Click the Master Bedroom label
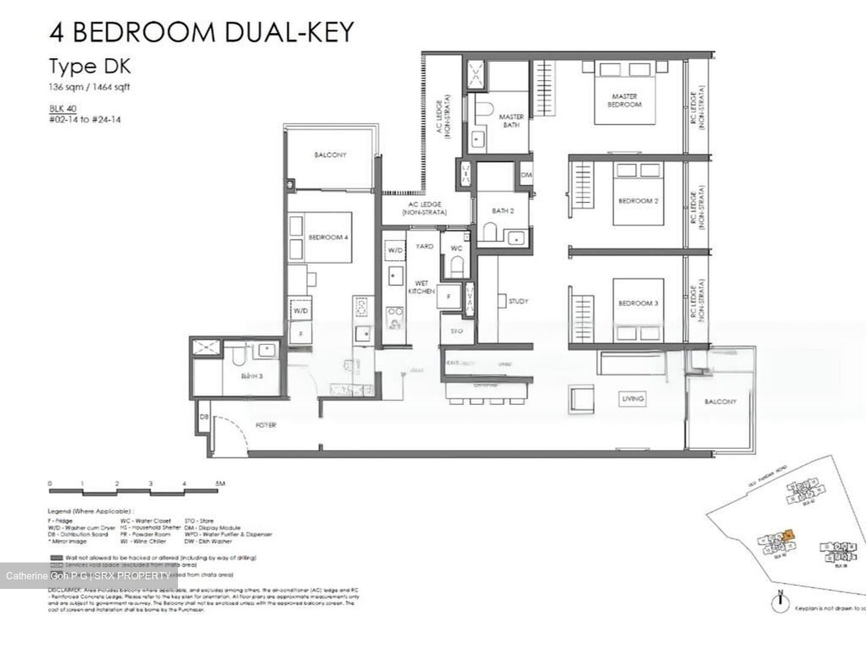pyautogui.click(x=624, y=100)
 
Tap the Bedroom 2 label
pyautogui.click(x=639, y=201)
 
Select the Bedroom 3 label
pyautogui.click(x=639, y=303)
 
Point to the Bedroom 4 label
pyautogui.click(x=328, y=237)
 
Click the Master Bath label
pyautogui.click(x=511, y=121)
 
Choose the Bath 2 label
pyautogui.click(x=503, y=211)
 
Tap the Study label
pyautogui.click(x=518, y=302)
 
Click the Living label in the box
pyautogui.click(x=633, y=398)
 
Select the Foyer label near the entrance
pyautogui.click(x=266, y=425)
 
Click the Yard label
pyautogui.click(x=425, y=246)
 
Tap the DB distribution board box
pyautogui.click(x=204, y=417)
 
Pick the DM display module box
pyautogui.click(x=526, y=175)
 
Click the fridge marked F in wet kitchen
pyautogui.click(x=449, y=296)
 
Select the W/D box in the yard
pyautogui.click(x=395, y=250)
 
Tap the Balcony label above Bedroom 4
pyautogui.click(x=330, y=155)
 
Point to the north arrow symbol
pyautogui.click(x=780, y=603)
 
